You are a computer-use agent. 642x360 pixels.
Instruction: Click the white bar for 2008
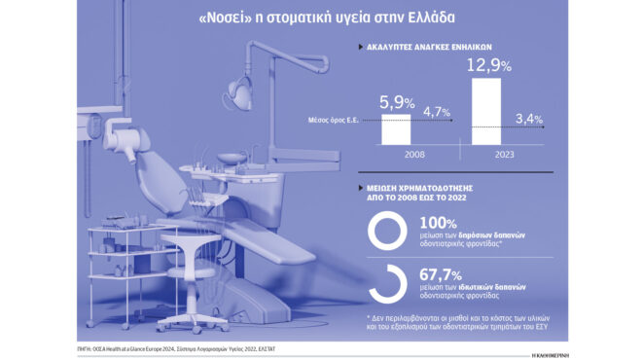pos(395,130)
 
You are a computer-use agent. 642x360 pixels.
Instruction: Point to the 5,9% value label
pos(397,102)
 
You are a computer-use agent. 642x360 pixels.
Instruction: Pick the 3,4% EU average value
pos(528,120)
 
